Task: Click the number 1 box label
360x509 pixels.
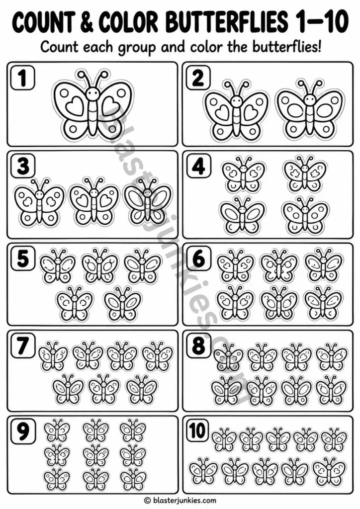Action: [23, 78]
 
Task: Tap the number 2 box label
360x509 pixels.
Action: [198, 78]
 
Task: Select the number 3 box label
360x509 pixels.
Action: [23, 167]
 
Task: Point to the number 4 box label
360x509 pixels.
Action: [198, 167]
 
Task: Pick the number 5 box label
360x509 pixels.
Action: [23, 258]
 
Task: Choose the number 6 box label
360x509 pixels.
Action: [198, 258]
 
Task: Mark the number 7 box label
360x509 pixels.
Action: [23, 346]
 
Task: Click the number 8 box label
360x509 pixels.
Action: [198, 346]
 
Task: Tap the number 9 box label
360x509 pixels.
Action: [23, 431]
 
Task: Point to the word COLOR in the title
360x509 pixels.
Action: [128, 22]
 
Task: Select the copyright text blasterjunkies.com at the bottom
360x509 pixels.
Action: [180, 500]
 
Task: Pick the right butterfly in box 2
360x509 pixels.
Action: [310, 109]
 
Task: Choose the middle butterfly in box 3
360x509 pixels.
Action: [94, 202]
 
